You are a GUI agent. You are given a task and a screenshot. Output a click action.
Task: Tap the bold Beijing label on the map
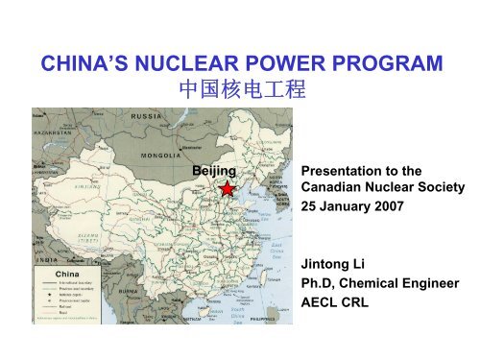(x=213, y=170)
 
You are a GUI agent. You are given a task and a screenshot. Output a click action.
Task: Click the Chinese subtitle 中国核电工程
(x=239, y=93)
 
